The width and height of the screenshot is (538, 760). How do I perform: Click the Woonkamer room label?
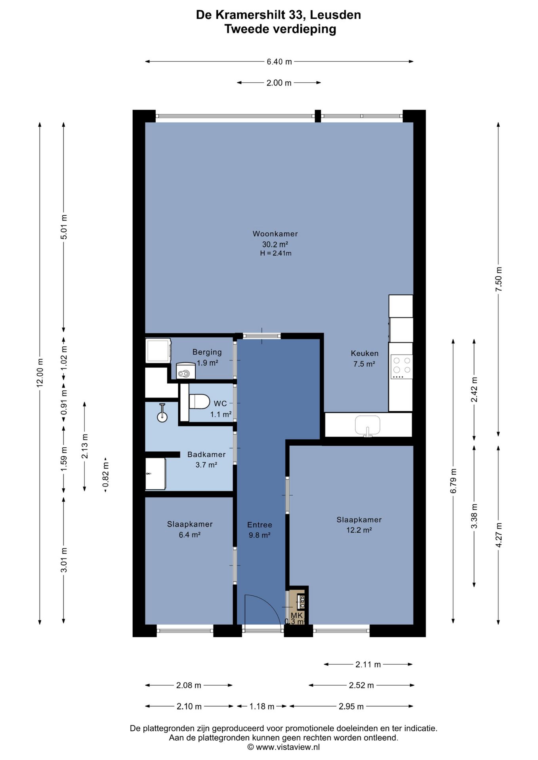[275, 234]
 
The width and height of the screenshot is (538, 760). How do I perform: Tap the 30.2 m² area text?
[275, 244]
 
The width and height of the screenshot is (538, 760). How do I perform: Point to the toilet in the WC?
[199, 401]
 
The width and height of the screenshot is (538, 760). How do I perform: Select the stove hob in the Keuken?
[402, 367]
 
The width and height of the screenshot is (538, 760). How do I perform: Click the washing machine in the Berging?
[158, 350]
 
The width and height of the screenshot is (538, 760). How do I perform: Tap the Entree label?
[259, 525]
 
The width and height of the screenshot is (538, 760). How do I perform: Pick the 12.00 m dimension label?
[40, 373]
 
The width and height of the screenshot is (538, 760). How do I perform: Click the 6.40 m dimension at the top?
[279, 62]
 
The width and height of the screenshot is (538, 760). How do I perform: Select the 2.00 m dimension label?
[279, 83]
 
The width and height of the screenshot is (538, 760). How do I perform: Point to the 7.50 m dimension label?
[498, 279]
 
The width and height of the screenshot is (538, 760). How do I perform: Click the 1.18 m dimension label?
[262, 706]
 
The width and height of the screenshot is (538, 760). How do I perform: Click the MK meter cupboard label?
[297, 616]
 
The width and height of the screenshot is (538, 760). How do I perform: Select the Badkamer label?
[206, 454]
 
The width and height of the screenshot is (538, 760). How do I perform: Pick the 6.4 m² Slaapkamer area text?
[190, 535]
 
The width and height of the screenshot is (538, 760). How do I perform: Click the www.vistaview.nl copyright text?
[284, 747]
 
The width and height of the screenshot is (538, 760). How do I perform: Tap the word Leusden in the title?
[335, 15]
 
